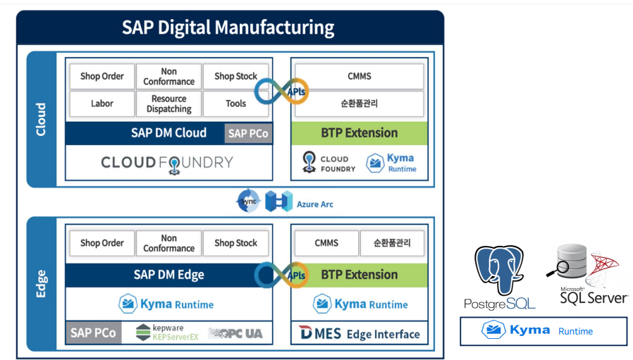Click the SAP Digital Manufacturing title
point(228,27)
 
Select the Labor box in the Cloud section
point(102,104)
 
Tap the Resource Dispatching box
point(168,104)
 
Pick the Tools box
point(235,104)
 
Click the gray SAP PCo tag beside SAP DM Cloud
point(248,134)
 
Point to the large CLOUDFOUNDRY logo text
point(167,163)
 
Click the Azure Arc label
point(315,204)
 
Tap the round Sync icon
point(248,201)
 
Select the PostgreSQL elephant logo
point(499,270)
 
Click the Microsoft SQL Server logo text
point(594,296)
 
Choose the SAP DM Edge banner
point(168,275)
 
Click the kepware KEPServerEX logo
point(167,333)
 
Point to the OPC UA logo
point(235,333)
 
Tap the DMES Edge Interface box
point(359,333)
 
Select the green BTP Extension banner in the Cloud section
point(359,133)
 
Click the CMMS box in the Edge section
point(326,243)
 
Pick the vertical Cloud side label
point(41,119)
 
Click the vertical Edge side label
point(41,284)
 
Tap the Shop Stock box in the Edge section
point(235,243)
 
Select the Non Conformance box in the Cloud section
point(168,76)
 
